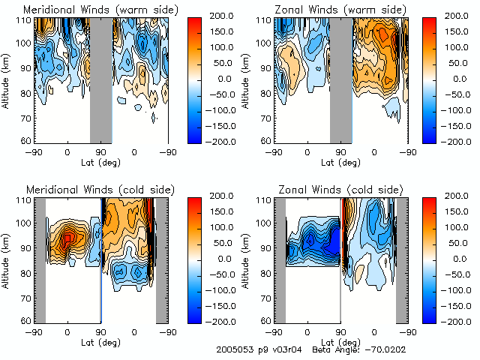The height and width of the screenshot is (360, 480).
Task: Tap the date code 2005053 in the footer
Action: tap(235, 349)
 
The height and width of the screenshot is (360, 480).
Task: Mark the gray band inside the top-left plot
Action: tap(100, 79)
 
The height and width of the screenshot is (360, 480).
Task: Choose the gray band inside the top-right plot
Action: tap(340, 79)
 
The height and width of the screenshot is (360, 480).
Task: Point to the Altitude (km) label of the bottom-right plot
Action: tap(247, 259)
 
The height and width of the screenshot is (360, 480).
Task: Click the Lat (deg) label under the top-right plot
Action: tap(340, 160)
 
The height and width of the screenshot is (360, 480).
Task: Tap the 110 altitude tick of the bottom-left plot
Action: tap(24, 201)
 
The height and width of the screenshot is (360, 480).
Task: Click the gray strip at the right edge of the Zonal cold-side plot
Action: tap(402, 259)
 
